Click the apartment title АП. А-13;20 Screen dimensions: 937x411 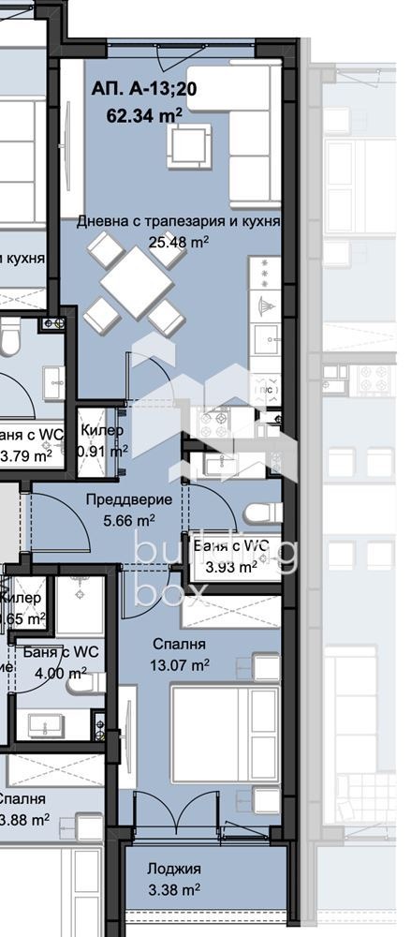139,91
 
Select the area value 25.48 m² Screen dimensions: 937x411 178,241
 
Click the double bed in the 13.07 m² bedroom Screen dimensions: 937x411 225,734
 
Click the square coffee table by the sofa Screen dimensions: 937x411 191,145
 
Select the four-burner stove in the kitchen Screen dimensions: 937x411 211,422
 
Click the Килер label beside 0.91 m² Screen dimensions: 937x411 101,431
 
